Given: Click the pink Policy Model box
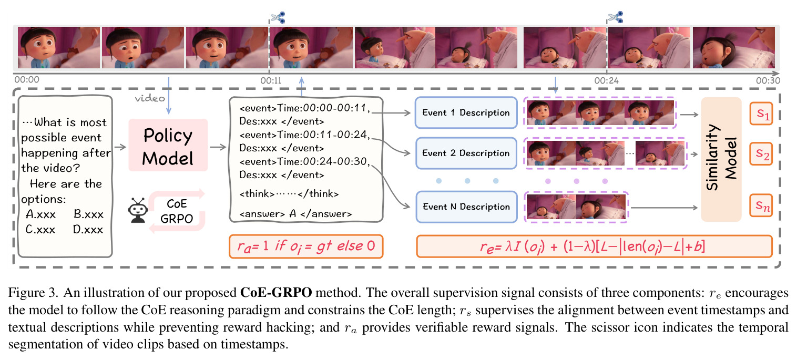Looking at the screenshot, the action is click(x=168, y=145).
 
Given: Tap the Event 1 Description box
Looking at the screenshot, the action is click(x=466, y=113).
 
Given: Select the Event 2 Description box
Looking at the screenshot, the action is click(x=466, y=153).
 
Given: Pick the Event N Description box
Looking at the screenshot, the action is click(x=466, y=207).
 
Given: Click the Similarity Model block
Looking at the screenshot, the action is click(x=721, y=159).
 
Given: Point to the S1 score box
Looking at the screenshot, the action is click(x=761, y=114).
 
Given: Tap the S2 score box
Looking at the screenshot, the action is click(x=761, y=154).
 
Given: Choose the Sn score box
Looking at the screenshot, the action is click(x=761, y=205).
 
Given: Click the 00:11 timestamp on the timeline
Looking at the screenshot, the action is click(x=271, y=81).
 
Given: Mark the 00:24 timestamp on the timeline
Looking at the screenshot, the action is click(x=606, y=81).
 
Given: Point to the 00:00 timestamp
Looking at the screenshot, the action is click(x=27, y=80).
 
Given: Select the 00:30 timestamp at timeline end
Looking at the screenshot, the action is click(x=768, y=81).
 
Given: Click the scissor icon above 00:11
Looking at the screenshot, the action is click(x=278, y=17).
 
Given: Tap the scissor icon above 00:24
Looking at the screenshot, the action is click(x=616, y=17).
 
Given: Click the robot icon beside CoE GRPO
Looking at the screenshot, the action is click(x=138, y=211).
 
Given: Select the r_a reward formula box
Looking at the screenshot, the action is click(x=306, y=246).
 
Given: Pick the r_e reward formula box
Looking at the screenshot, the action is click(x=594, y=246).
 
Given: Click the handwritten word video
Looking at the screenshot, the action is click(x=150, y=98).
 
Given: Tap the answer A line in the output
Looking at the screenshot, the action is click(x=295, y=214).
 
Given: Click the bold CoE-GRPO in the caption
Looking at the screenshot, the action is click(x=276, y=293).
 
